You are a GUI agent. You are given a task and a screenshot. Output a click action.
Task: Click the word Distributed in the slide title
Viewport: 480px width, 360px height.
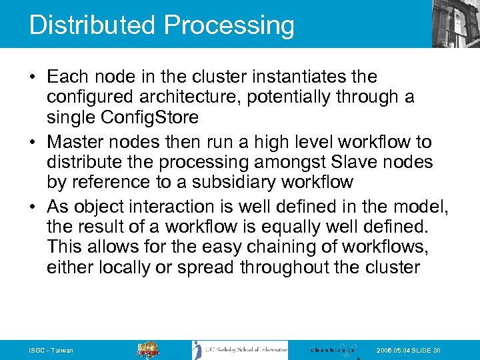click(x=93, y=25)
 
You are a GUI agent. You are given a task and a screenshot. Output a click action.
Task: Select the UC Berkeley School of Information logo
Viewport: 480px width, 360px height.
click(x=240, y=350)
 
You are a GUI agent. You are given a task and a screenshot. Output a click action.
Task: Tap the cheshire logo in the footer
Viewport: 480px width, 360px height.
click(x=333, y=350)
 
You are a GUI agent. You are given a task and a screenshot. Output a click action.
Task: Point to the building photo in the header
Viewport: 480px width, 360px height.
click(x=455, y=23)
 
